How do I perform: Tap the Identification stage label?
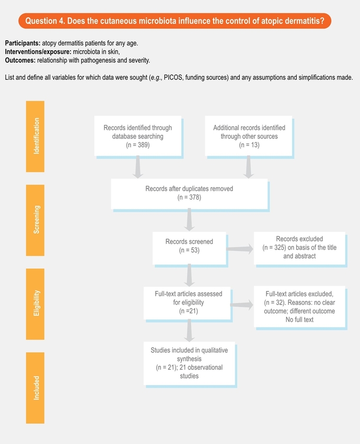[36, 136]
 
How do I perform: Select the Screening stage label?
[36, 220]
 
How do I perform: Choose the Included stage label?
[36, 388]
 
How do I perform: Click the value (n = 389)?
[138, 145]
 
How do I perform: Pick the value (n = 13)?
[249, 145]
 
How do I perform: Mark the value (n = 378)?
[189, 197]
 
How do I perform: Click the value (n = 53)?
[189, 250]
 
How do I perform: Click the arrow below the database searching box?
[138, 167]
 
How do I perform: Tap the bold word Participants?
[22, 42]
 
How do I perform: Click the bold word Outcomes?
[21, 61]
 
